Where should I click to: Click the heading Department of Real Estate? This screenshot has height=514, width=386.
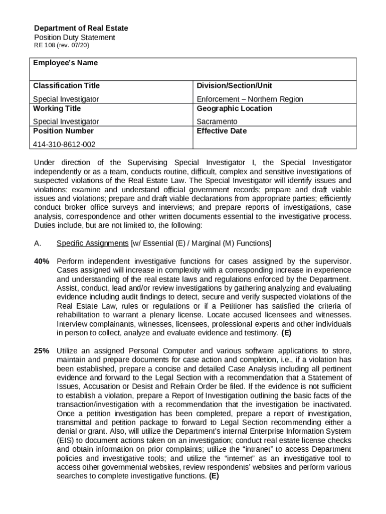tap(81, 28)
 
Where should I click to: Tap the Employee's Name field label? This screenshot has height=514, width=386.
tap(65, 63)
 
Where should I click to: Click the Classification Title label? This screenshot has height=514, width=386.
tap(66, 86)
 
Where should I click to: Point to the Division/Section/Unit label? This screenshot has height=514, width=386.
tap(234, 86)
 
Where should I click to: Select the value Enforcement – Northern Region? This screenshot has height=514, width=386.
tap(250, 99)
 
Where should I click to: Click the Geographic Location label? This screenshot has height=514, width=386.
tap(234, 108)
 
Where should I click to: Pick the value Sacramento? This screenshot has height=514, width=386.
tap(217, 121)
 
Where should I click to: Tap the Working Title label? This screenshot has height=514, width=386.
tap(57, 108)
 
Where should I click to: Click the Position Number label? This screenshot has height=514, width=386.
tap(63, 131)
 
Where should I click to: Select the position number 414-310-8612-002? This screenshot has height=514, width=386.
tap(64, 145)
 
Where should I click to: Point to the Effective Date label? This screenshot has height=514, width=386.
tap(222, 131)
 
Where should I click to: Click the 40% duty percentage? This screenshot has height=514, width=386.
tap(42, 262)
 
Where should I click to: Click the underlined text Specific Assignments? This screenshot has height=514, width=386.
tap(92, 243)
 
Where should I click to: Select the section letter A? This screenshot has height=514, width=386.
tap(37, 243)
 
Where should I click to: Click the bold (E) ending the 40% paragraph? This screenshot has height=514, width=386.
tap(286, 333)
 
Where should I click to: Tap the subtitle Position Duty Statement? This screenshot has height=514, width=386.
tap(74, 38)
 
